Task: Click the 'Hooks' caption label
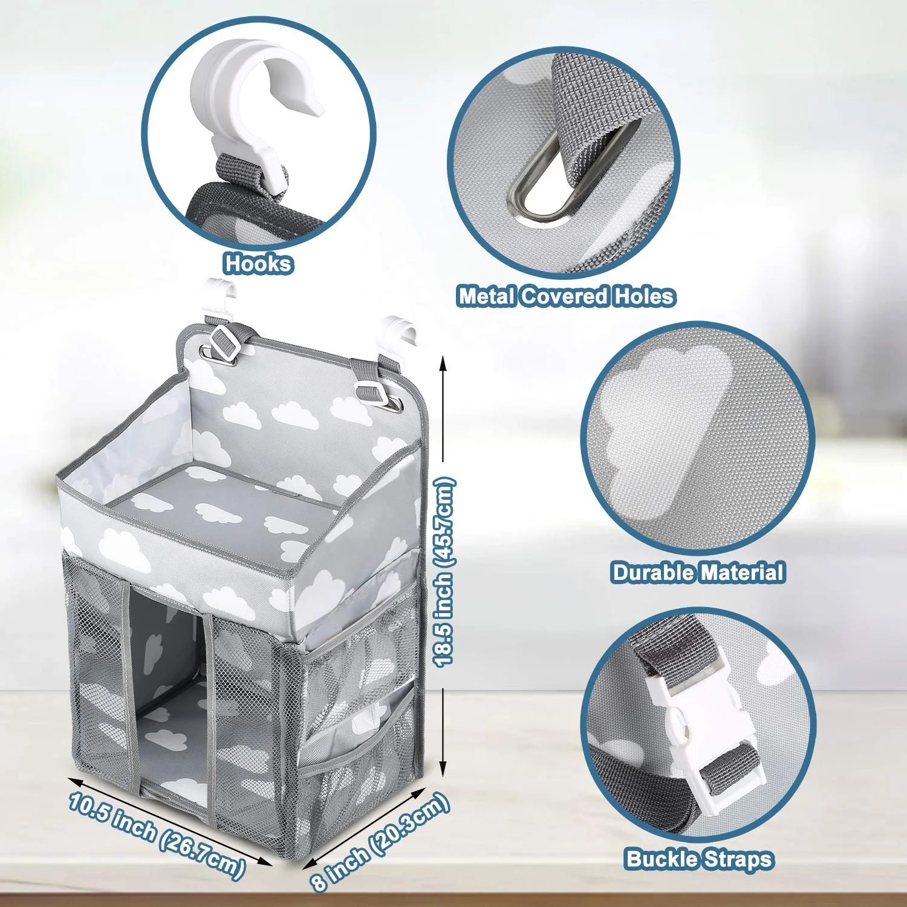[x=258, y=264]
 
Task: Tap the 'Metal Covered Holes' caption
[x=566, y=296]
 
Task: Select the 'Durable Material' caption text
[x=698, y=573]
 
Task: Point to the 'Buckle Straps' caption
[x=699, y=859]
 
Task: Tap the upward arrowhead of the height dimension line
[x=443, y=363]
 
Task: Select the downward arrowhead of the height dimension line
[x=443, y=771]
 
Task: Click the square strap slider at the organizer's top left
[x=225, y=342]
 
